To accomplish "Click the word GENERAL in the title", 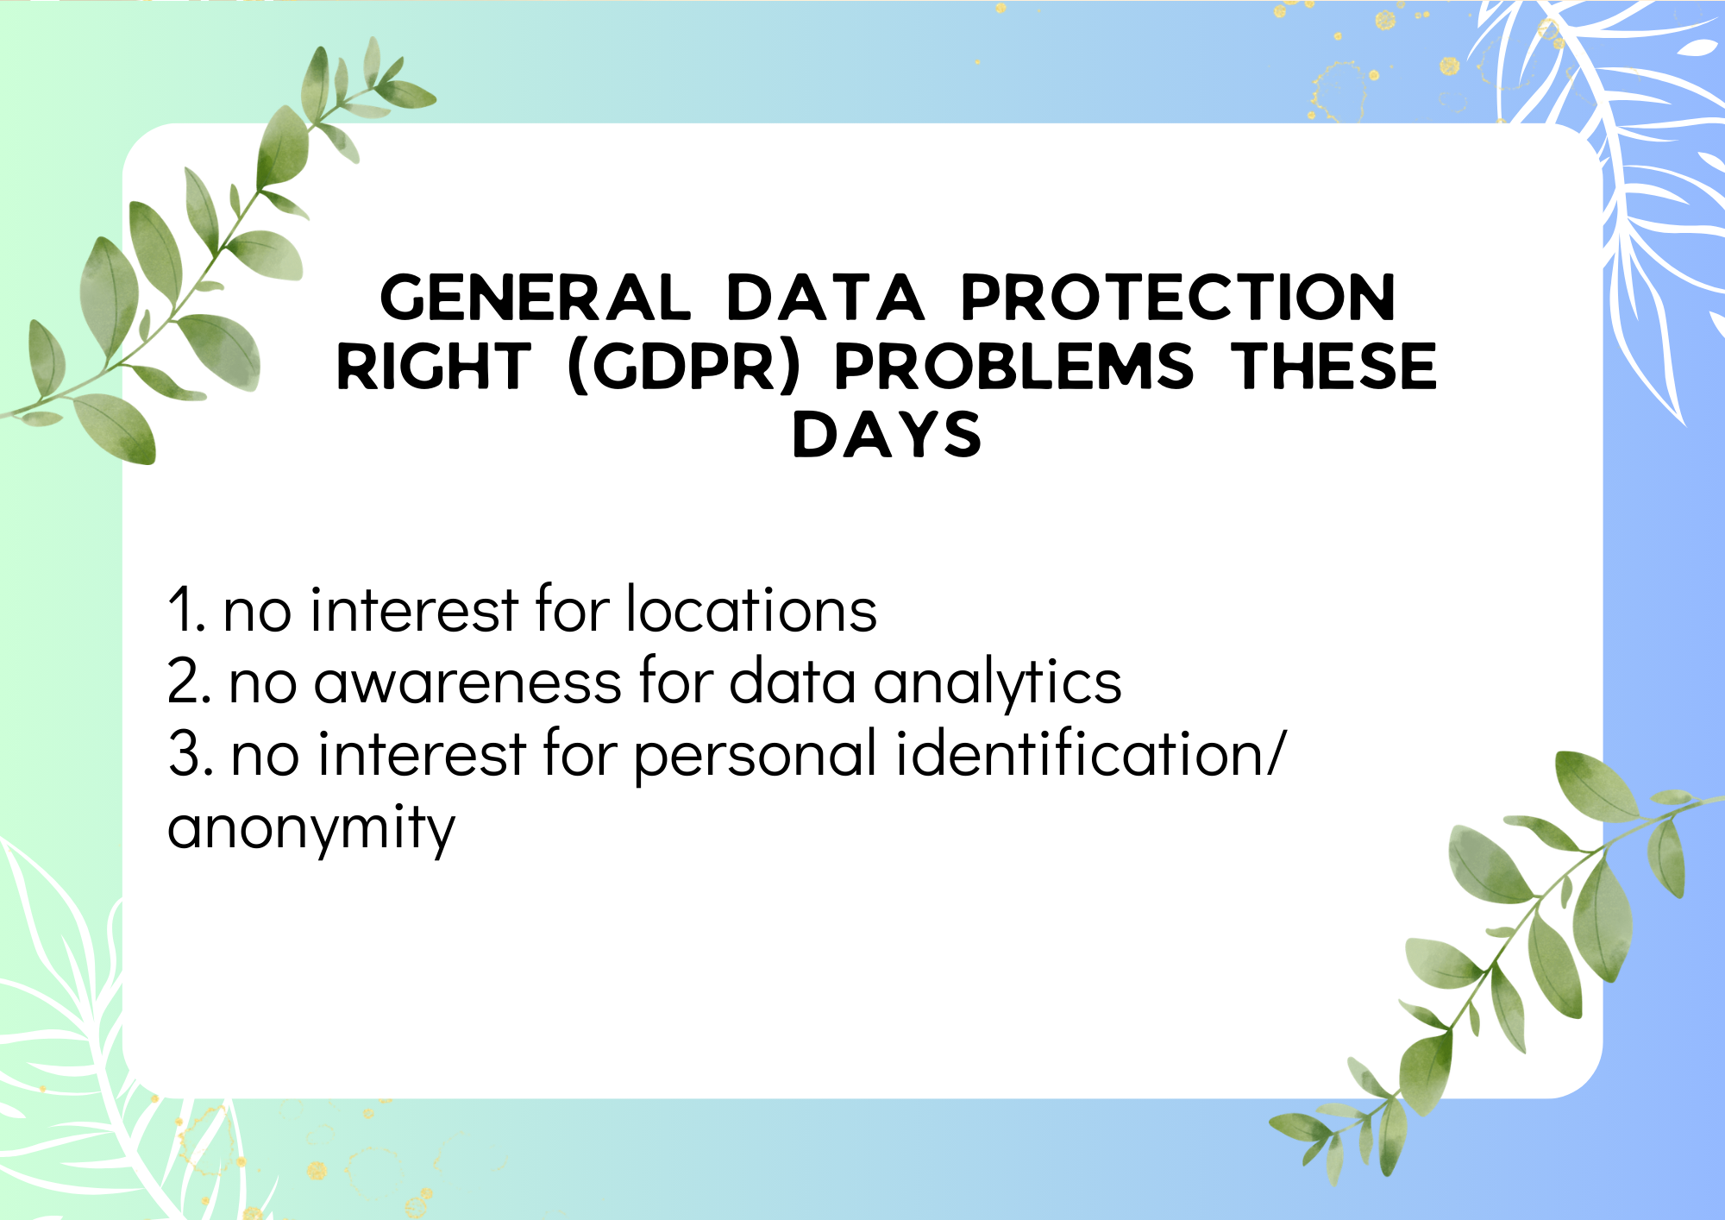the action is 535,298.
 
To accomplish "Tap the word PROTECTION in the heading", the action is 1177,298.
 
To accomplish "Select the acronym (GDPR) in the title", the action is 685,367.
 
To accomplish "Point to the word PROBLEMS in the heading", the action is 1013,366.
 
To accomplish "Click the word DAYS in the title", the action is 887,434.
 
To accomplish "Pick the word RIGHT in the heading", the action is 433,366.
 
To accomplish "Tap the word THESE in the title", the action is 1333,366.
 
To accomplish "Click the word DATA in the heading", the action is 825,298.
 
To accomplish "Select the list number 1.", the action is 185,610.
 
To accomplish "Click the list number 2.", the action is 189,682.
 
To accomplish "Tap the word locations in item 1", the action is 751,608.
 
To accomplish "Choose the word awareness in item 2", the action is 467,683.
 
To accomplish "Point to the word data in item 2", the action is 793,681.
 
